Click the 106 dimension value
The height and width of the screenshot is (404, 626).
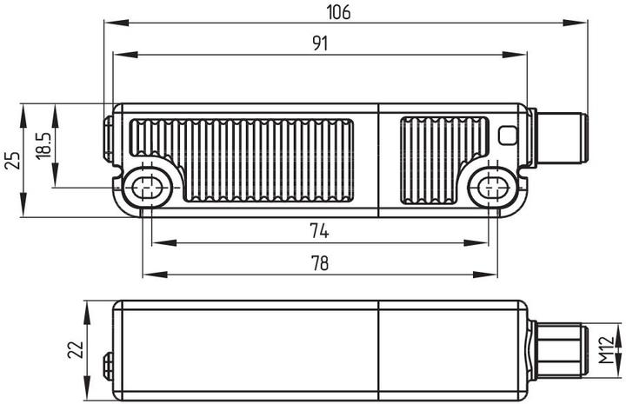tap(338, 12)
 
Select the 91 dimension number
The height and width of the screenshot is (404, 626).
tap(320, 43)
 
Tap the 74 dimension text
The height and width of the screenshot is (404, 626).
tap(319, 231)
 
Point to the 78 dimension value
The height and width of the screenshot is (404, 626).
tap(319, 263)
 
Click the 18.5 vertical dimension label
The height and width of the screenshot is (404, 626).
tap(43, 146)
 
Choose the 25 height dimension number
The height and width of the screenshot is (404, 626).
tap(12, 161)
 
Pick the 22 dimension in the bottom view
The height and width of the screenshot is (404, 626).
tap(75, 350)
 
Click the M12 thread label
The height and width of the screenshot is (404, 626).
tap(607, 350)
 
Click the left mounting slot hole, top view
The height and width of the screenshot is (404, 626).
tap(147, 188)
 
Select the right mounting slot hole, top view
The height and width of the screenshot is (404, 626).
tap(493, 188)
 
